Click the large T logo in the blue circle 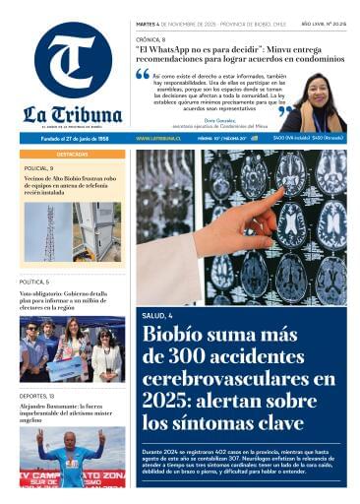72,61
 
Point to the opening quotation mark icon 143,75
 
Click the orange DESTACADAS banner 72,155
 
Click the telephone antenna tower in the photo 49,232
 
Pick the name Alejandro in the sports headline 36,407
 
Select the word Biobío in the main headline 176,336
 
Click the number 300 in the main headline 196,358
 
